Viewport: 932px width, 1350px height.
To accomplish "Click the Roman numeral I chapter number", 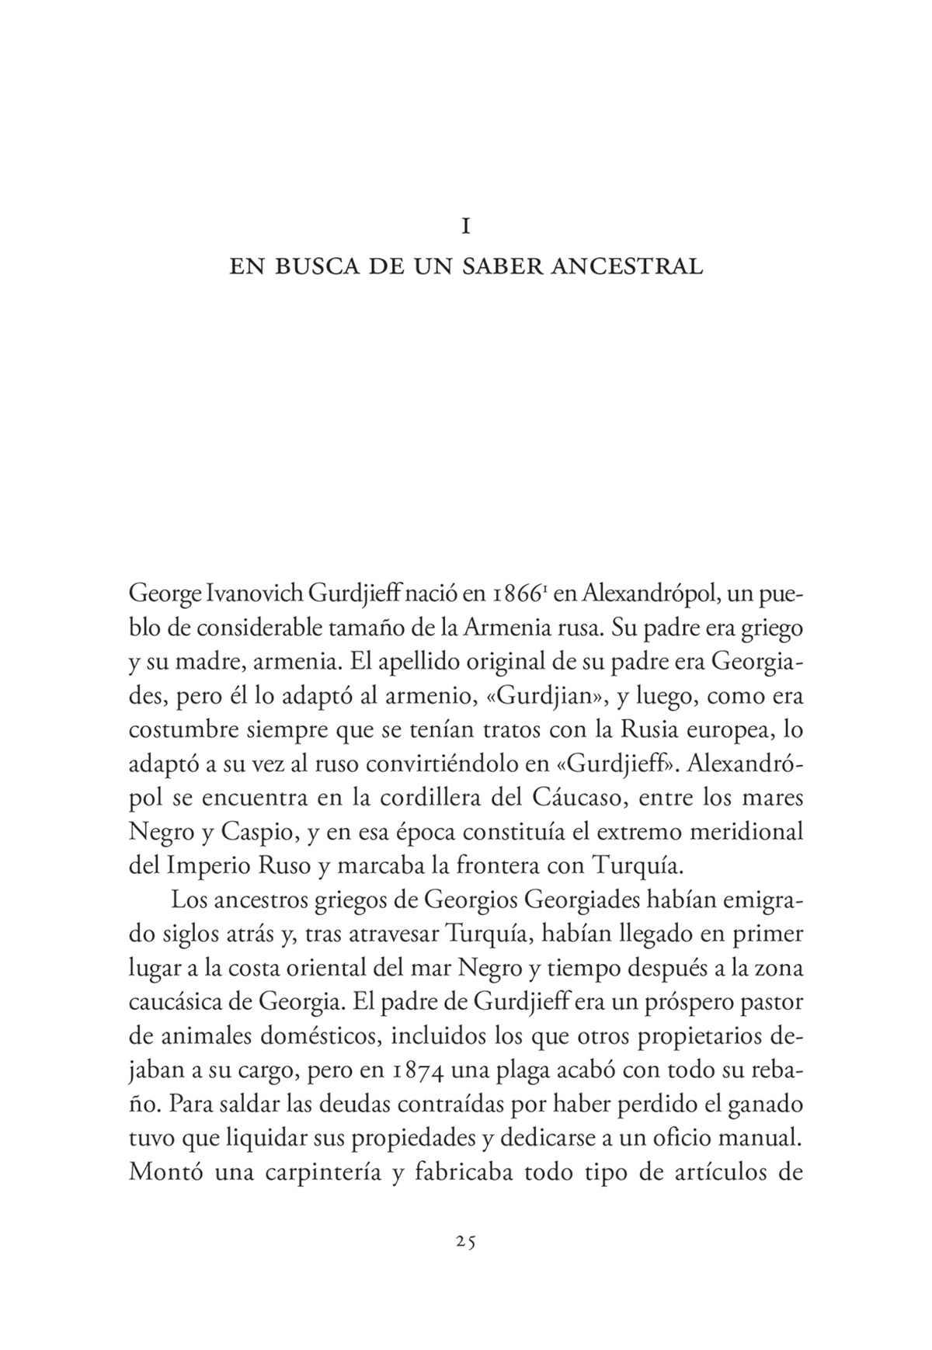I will pos(466,226).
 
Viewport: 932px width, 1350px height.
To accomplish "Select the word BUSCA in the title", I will pos(313,267).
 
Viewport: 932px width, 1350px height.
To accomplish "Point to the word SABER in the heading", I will pos(505,267).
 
